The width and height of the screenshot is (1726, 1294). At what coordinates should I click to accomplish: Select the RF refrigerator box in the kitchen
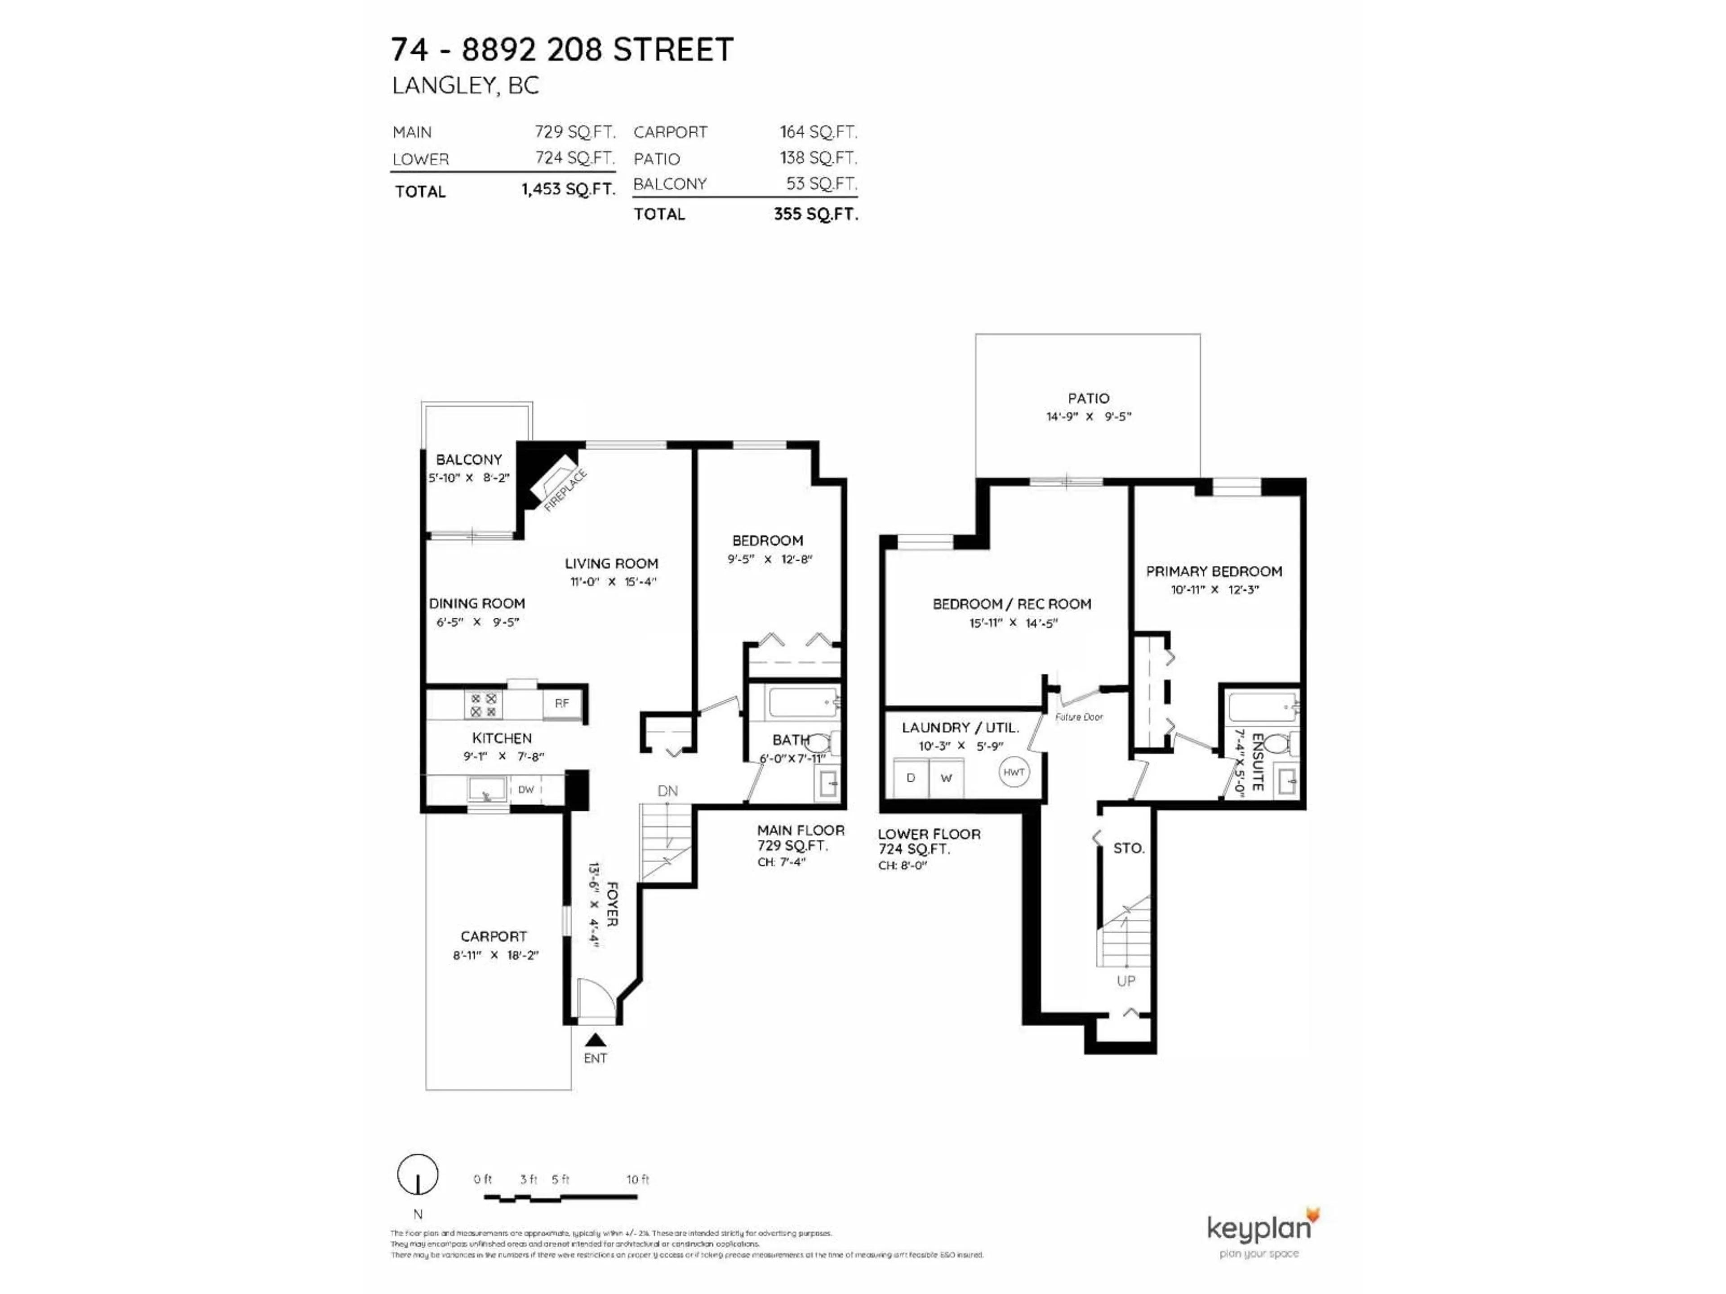coord(562,704)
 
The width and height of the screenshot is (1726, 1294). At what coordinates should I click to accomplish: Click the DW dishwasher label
coord(526,789)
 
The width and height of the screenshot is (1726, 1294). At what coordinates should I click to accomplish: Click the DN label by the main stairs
coord(667,791)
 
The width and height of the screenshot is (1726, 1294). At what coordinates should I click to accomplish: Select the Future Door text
coord(1079,717)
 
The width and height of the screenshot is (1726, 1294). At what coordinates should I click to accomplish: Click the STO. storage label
coord(1128,848)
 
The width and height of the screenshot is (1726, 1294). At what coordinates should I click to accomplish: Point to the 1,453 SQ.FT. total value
coord(568,190)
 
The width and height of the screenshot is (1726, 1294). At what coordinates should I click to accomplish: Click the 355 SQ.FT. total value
coord(815,214)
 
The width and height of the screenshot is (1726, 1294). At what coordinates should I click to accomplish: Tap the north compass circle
coord(418,1174)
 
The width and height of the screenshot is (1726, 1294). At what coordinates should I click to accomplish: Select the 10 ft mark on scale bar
coord(637,1179)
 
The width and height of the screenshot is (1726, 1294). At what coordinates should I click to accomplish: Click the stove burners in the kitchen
coord(483,705)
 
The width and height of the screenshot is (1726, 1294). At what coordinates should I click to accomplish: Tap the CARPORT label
coord(493,936)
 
